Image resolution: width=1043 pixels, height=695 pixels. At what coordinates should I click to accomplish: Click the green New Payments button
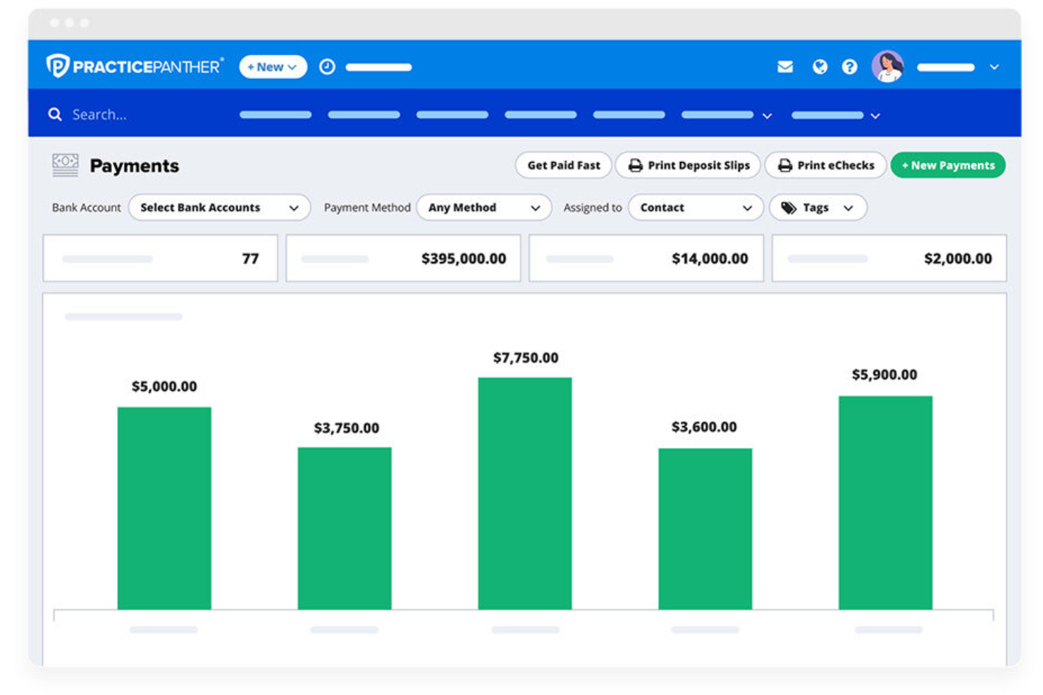click(x=947, y=165)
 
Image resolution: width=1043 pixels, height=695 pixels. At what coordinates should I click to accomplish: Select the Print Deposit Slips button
click(x=688, y=165)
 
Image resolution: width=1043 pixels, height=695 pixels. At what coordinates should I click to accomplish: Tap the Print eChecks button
click(x=825, y=165)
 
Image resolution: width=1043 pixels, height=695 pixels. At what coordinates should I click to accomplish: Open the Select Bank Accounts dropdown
click(x=219, y=208)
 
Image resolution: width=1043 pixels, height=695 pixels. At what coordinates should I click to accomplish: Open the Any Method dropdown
click(x=483, y=208)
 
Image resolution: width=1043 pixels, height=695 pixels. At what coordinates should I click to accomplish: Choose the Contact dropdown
click(x=695, y=208)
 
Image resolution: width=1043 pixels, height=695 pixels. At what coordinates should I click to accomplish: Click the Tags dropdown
click(x=817, y=208)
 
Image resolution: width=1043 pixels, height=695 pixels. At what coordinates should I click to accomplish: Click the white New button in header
click(x=272, y=67)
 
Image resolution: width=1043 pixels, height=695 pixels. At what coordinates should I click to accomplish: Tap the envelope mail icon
click(x=785, y=67)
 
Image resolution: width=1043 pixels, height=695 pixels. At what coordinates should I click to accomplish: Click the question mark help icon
click(x=849, y=67)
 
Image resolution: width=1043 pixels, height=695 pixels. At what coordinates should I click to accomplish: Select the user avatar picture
click(x=887, y=67)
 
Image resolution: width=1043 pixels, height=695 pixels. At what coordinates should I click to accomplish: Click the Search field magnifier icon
click(x=55, y=114)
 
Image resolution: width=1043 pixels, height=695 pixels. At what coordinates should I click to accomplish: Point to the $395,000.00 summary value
click(x=464, y=259)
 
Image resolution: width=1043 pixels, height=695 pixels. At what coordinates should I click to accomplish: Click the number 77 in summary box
click(x=250, y=259)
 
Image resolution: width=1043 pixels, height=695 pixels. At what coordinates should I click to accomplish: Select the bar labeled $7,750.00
click(x=524, y=493)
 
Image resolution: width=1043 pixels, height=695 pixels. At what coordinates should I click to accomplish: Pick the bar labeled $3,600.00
click(x=705, y=528)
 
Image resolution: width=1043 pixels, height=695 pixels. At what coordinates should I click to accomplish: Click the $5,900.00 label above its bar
click(x=884, y=375)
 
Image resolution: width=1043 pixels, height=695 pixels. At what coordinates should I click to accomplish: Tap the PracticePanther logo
click(x=135, y=66)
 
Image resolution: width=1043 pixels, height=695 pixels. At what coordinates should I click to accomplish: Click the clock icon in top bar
click(x=327, y=67)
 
